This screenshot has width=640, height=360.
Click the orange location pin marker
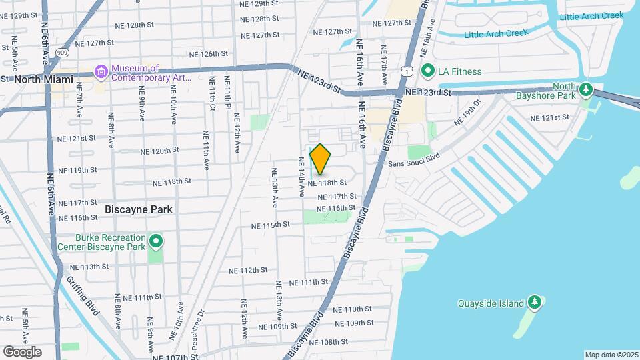(x=320, y=159)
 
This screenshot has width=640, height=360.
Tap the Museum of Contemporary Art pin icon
(x=101, y=71)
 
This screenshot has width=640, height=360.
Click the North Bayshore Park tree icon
(x=585, y=89)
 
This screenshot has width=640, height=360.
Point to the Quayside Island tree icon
(x=534, y=303)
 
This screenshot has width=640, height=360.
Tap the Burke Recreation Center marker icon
(x=156, y=240)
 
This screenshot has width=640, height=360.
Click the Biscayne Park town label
(x=139, y=209)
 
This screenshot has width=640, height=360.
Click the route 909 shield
(x=63, y=52)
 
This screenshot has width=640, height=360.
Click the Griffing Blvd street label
(x=86, y=305)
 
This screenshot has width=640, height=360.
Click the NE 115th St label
(x=272, y=225)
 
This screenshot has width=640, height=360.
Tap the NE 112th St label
(x=248, y=271)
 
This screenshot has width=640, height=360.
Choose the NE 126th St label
(x=209, y=54)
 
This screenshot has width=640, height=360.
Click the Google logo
(x=22, y=352)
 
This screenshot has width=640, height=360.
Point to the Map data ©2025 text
(x=611, y=355)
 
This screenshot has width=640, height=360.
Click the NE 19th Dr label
(x=467, y=113)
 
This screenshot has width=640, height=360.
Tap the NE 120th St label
(x=160, y=151)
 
